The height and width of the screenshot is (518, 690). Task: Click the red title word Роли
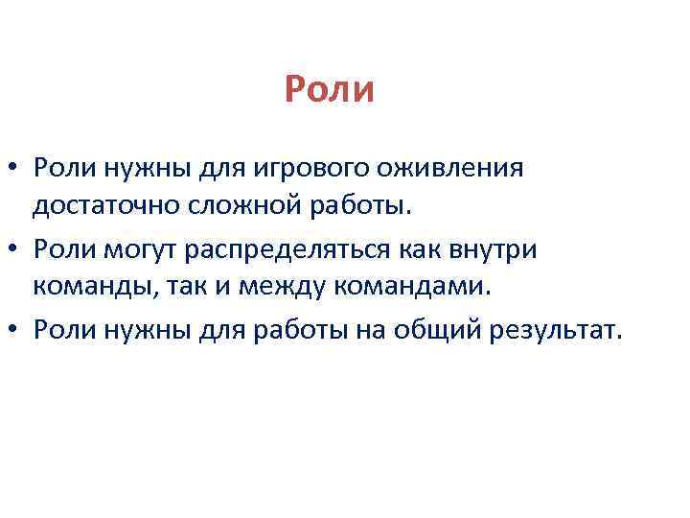pyautogui.click(x=329, y=90)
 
